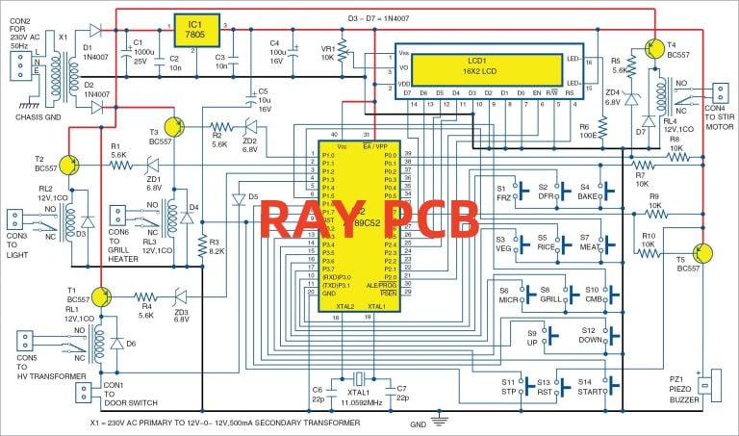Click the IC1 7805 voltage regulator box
[x=195, y=29]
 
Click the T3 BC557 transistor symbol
[x=173, y=125]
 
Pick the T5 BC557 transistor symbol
[x=702, y=254]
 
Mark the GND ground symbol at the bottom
[x=440, y=420]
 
